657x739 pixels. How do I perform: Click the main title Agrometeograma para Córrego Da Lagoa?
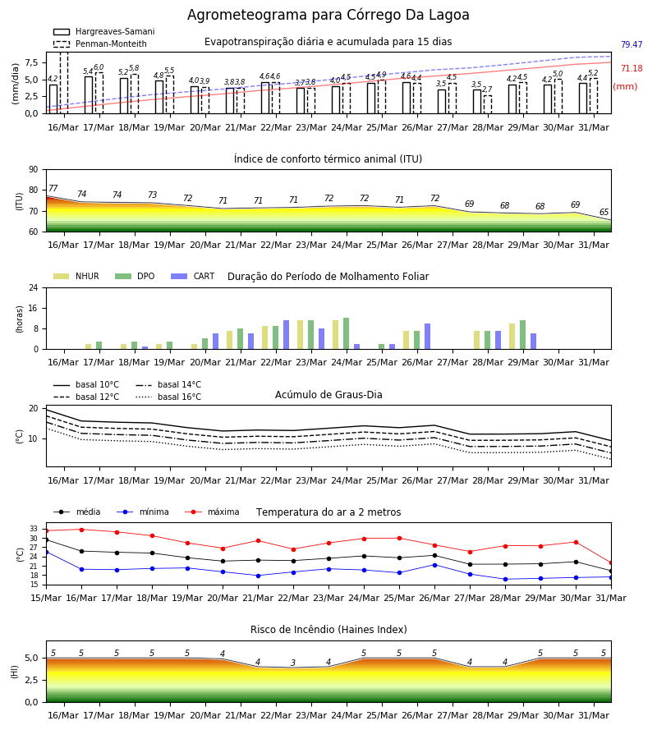click(328, 15)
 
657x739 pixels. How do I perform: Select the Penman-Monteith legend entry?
click(100, 44)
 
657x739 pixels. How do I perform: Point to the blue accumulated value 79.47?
click(632, 44)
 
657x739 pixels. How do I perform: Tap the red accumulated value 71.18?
click(632, 68)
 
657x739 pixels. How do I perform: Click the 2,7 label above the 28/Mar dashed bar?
click(487, 89)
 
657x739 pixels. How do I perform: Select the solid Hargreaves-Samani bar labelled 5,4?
click(89, 94)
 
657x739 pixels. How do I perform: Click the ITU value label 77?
click(53, 188)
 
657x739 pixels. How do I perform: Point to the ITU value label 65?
click(604, 212)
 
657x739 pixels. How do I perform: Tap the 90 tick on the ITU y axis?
click(34, 170)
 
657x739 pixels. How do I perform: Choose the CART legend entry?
click(193, 276)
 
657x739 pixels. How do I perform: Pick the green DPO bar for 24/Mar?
click(346, 333)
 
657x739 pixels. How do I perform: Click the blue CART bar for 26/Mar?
click(428, 337)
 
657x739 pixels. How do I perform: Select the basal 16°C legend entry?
click(168, 397)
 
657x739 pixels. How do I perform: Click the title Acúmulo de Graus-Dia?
click(328, 394)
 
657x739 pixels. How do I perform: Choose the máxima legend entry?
click(212, 512)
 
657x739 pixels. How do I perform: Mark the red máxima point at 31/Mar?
click(611, 563)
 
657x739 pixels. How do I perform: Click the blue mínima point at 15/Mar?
click(46, 552)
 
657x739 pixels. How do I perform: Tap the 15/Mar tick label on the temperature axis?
click(46, 598)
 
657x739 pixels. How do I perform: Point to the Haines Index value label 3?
click(293, 663)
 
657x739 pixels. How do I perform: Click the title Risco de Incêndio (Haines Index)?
click(328, 630)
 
